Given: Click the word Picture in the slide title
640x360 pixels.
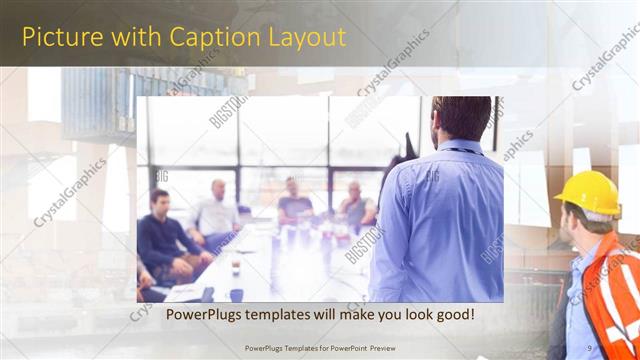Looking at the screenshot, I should (x=61, y=38).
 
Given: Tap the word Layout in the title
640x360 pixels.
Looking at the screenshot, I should (x=306, y=38).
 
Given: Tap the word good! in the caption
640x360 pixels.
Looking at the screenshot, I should (x=453, y=316).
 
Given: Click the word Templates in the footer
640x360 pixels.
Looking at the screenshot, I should (x=302, y=349).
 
